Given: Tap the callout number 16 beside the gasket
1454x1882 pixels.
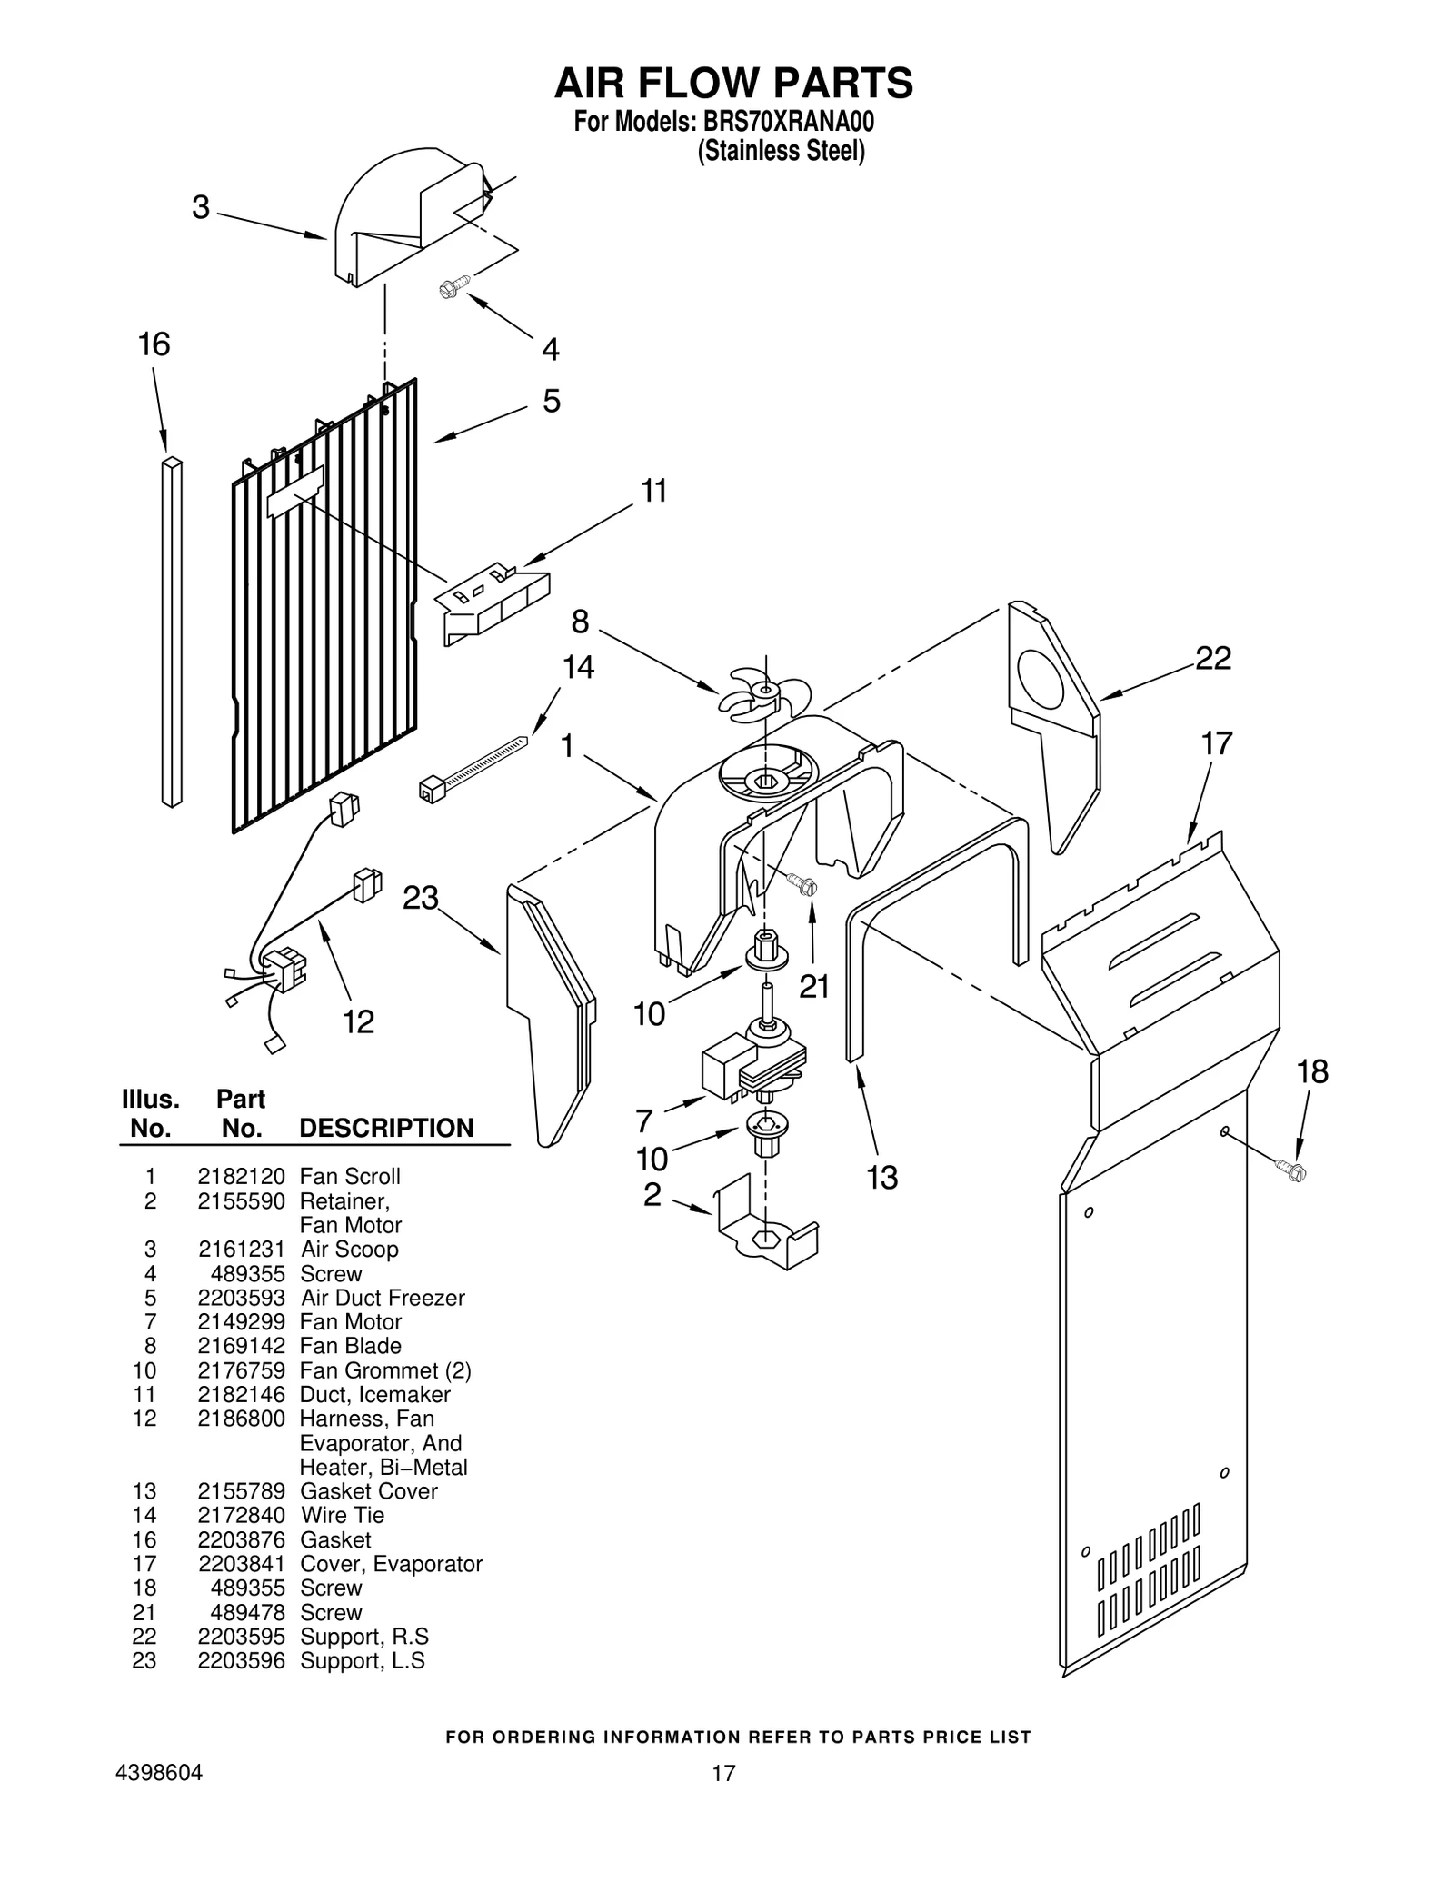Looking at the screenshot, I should pyautogui.click(x=154, y=344).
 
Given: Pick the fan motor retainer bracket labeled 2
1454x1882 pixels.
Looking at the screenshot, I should pyautogui.click(x=768, y=1230).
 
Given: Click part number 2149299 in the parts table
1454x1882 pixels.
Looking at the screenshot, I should pyautogui.click(x=241, y=1322).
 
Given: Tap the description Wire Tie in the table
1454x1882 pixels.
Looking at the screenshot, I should pyautogui.click(x=342, y=1515).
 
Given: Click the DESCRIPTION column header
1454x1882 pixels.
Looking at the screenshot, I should pyautogui.click(x=386, y=1128).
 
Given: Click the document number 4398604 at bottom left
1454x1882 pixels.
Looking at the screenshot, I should pyautogui.click(x=159, y=1773).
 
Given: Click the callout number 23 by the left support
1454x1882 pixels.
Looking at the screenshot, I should pyautogui.click(x=421, y=898).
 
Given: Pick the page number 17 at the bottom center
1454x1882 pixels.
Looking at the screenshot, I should pyautogui.click(x=723, y=1773).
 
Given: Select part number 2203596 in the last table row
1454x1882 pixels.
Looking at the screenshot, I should pyautogui.click(x=241, y=1660).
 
